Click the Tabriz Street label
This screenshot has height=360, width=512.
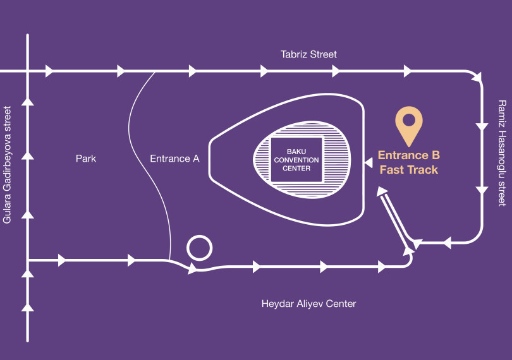308,54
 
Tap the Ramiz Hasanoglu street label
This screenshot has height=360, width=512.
502,153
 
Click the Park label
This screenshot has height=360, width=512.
86,159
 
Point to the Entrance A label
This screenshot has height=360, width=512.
174,159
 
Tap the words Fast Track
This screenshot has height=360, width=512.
408,169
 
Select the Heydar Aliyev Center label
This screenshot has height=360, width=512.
308,304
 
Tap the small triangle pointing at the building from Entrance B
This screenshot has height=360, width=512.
368,163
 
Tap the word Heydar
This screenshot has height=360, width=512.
276,304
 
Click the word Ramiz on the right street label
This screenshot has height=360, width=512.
502,112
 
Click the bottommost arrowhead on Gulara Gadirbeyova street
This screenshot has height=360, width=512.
27,308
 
